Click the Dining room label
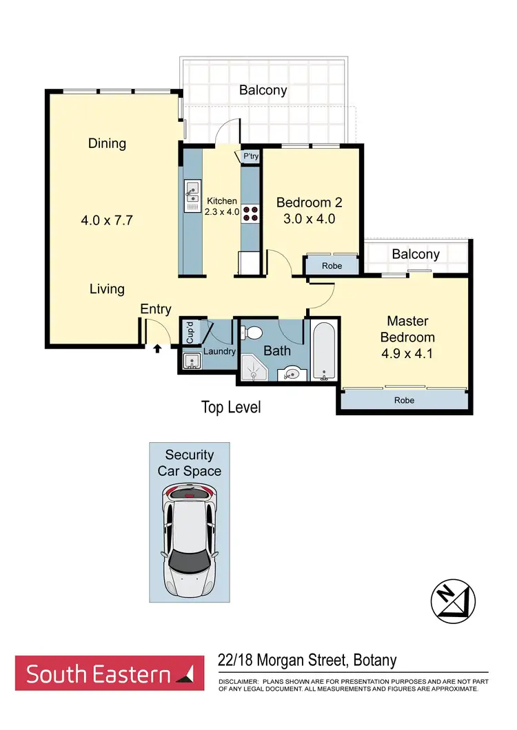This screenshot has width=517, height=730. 107,143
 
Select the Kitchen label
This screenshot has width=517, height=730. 222,201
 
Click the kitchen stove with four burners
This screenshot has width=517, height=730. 250,213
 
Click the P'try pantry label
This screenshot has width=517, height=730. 251,158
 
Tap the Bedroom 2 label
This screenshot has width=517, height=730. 310,202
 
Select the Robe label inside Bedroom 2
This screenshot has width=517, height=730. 332,265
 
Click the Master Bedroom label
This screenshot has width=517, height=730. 407,329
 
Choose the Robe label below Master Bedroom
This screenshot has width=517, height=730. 405,399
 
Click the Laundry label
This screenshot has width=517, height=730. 219,351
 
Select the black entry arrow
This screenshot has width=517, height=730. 157,349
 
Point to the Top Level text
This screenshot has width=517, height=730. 231,407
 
